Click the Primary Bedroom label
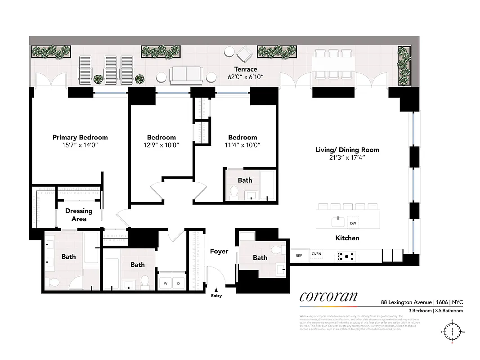[x=80, y=137]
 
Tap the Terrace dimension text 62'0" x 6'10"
[x=245, y=77]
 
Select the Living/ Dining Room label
[x=347, y=150]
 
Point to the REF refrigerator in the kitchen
[x=299, y=256]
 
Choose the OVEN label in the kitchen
[x=317, y=254]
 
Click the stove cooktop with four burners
[x=346, y=256]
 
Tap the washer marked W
[x=165, y=283]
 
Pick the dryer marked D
[x=178, y=283]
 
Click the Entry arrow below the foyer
[x=216, y=290]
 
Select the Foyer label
[x=219, y=251]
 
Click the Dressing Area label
[x=79, y=215]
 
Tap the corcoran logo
[x=328, y=297]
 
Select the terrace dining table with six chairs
[x=333, y=63]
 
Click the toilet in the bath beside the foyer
[x=279, y=249]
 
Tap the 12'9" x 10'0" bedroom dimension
[x=161, y=145]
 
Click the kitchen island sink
[x=337, y=221]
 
